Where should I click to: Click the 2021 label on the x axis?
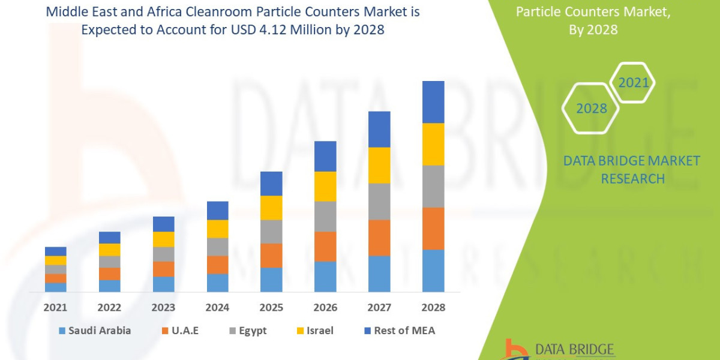pos(55,307)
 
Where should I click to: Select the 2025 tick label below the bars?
pos(271,307)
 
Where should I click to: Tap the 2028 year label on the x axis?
pos(433,307)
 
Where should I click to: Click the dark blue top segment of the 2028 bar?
pos(433,102)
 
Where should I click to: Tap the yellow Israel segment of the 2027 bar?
pos(379,165)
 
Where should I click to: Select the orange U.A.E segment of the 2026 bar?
pos(325,246)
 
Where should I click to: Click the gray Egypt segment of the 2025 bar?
pos(271,232)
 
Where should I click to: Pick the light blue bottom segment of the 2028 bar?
pos(433,271)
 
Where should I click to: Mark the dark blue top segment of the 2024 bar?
pos(217,211)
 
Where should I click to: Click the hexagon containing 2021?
pos(633,83)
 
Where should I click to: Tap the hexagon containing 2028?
pos(591,109)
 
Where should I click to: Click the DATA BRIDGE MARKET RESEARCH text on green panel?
pos(632,169)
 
